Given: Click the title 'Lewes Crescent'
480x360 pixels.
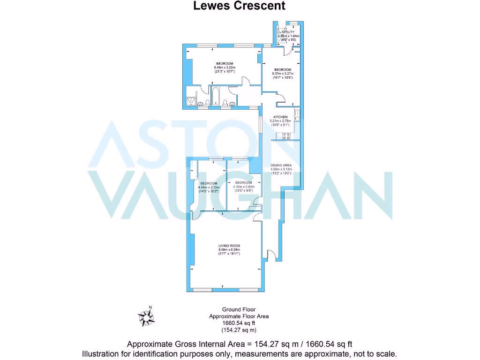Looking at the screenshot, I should [240, 6].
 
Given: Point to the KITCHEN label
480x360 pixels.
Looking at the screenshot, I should [281, 117].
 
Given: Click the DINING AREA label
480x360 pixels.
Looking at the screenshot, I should [281, 165].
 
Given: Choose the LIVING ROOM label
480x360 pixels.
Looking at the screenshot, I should [229, 246].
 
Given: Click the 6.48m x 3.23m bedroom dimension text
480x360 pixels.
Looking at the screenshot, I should [225, 68].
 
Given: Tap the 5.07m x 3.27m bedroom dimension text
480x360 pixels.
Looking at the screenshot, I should [283, 74].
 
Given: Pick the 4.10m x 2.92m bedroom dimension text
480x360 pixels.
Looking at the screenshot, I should [243, 187].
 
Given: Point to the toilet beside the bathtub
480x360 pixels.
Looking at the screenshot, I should [225, 103].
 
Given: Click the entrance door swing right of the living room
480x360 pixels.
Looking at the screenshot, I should [270, 254].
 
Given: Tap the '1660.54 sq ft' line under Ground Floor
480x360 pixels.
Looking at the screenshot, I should [239, 323].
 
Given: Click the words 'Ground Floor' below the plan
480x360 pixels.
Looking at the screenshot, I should [239, 309].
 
